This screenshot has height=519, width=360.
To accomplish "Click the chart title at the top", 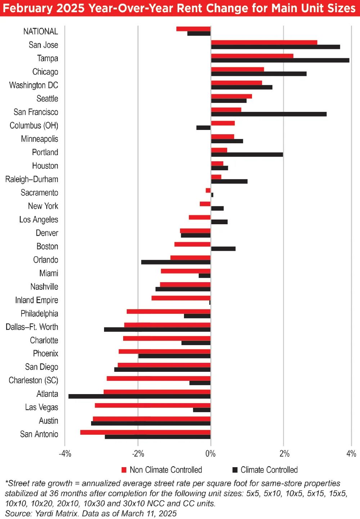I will pos(179,8).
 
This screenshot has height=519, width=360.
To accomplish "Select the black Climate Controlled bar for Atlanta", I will pos(139,396).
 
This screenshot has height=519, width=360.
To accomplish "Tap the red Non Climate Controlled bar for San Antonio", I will pos(145,432).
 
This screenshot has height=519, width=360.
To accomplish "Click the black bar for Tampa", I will pos(280,60).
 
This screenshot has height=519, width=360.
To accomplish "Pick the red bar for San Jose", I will pos(264,42).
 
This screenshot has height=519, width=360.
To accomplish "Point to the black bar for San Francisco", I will pos(269,114).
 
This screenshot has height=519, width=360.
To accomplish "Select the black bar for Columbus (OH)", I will pos(203,127).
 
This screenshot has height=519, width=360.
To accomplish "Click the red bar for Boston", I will pos(192,244).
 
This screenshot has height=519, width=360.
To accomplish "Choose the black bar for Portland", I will pos(247,154).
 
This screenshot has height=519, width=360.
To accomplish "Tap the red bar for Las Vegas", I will pos(152,405).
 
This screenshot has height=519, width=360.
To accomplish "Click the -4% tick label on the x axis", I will pos(65,453).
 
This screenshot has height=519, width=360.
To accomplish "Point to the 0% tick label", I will pos(211,453).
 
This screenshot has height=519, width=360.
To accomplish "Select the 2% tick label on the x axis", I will pos(284,453).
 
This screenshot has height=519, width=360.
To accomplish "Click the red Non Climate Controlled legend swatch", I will pos(124,470).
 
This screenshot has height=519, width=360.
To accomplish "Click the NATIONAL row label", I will pos(40,31).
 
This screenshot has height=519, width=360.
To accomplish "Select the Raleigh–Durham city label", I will pos(32,179).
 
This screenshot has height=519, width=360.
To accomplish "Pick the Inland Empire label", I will pos(36,300).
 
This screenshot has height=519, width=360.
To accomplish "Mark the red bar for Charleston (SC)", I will pos(158,378).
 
